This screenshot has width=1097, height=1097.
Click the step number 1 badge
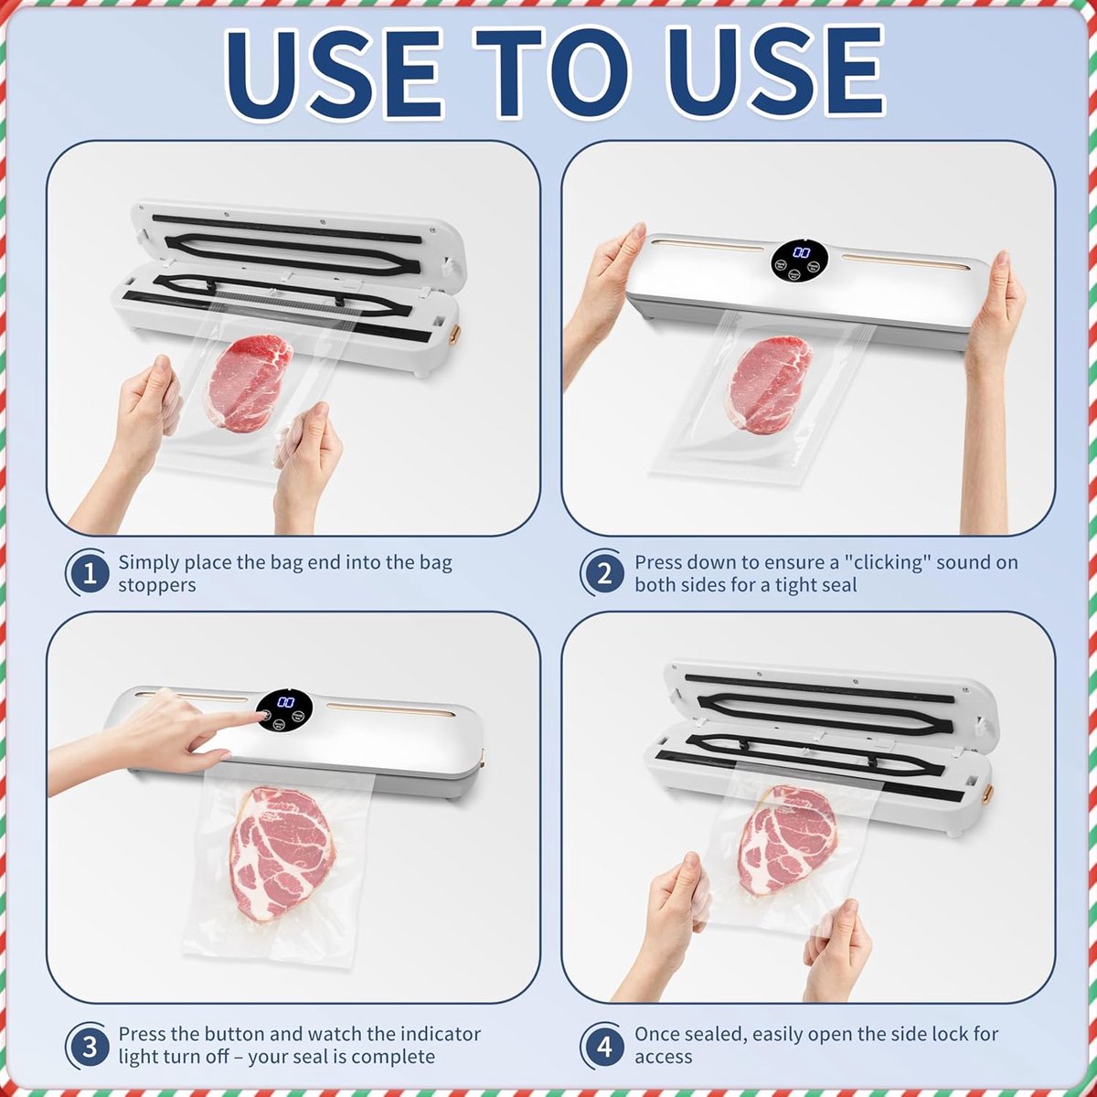click(x=89, y=572)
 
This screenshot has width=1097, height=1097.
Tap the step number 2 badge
click(x=603, y=572)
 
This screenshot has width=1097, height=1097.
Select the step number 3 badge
click(x=89, y=1047)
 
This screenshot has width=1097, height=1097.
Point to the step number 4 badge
click(x=603, y=1047)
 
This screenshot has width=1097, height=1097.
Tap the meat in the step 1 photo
click(x=250, y=382)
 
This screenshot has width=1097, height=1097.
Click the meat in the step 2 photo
click(x=770, y=385)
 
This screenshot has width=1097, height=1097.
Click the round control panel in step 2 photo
click(x=799, y=261)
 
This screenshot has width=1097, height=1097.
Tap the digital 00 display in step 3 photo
click(x=285, y=702)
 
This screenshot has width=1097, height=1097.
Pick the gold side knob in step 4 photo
click(x=987, y=792)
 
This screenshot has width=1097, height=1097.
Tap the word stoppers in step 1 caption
click(x=156, y=585)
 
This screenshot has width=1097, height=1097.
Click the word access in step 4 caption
click(x=663, y=1058)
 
